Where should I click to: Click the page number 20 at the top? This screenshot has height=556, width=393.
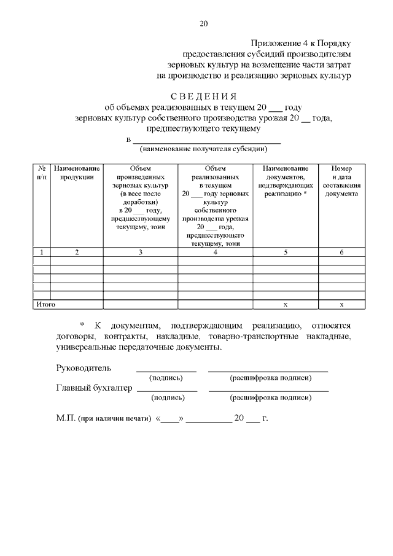(203, 24)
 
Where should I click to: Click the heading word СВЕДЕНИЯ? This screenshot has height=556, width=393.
(203, 96)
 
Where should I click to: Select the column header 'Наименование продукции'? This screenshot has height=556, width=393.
(77, 172)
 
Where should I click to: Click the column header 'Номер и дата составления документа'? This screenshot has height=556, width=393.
(342, 180)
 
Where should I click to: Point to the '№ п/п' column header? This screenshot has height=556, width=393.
(41, 172)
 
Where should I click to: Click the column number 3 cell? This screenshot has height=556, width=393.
(140, 252)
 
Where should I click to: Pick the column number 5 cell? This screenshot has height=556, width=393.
(286, 252)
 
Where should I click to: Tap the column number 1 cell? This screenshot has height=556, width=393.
(41, 252)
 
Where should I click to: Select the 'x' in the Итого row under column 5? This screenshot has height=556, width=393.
(286, 304)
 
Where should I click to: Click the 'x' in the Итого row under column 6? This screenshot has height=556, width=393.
(342, 304)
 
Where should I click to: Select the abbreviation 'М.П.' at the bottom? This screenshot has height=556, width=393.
(65, 418)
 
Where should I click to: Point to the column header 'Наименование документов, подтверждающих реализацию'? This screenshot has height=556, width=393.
(286, 180)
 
